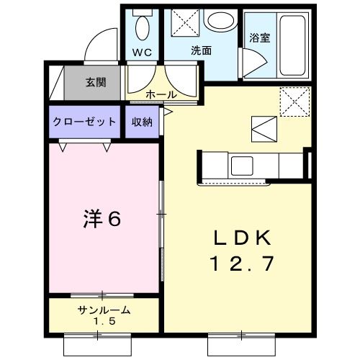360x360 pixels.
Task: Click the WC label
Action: tap(143, 52)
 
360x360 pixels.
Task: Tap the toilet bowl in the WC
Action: tap(143, 30)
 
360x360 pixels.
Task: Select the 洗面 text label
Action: tap(202, 51)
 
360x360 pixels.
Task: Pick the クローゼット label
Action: tap(84, 122)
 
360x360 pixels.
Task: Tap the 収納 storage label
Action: tap(142, 122)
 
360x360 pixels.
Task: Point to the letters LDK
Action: tap(242, 238)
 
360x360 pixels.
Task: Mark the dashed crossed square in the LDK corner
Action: tap(294, 100)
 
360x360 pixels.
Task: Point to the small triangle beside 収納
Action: tap(166, 113)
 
